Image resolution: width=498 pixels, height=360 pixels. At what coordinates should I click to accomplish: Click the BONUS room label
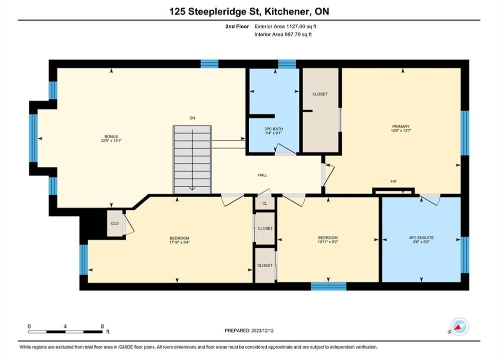pos(111,136)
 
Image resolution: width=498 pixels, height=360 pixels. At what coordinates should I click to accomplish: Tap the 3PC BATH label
pos(273,129)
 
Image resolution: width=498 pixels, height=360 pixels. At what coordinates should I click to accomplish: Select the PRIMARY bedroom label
pos(401,126)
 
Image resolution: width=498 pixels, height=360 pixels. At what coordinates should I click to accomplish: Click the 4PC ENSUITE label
pos(421,237)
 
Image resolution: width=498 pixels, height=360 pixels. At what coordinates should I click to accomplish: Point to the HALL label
pos(263,175)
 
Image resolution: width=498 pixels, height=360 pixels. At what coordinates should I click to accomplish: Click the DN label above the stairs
pos(192,118)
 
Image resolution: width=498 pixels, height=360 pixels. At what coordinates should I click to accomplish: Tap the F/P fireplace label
pos(393,181)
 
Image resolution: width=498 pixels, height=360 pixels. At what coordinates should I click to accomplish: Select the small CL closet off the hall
pos(265,203)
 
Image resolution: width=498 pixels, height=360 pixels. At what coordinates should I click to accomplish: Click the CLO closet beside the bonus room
pos(115,223)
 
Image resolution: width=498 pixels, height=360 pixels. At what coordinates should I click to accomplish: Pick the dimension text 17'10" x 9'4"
pos(180,242)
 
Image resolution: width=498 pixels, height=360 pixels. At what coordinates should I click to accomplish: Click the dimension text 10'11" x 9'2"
pos(328,241)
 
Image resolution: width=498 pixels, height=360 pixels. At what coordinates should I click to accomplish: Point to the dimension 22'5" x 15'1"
pos(111,140)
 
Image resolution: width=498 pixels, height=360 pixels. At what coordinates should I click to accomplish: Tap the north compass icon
pos(459,326)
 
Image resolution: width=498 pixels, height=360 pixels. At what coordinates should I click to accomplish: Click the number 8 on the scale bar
pos(102,326)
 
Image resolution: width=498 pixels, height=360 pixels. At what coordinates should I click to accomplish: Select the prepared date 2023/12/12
pos(262,330)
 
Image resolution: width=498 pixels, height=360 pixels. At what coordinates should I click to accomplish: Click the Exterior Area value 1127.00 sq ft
pos(301,26)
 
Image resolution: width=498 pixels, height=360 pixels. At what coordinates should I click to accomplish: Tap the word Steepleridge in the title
pos(218,11)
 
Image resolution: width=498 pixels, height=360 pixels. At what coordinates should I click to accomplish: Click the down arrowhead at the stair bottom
pos(192,188)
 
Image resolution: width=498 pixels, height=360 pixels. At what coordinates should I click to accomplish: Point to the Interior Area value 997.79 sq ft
pos(298,34)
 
